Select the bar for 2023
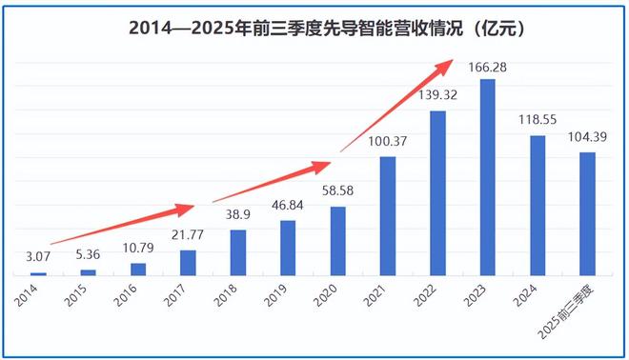[488, 177]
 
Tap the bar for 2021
[388, 216]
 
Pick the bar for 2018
[237, 252]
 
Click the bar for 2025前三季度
[588, 214]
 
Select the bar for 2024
[538, 206]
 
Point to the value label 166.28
[488, 68]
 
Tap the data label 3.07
[37, 257]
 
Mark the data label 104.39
[588, 138]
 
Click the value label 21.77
[188, 236]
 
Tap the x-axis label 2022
[428, 297]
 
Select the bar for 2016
[137, 270]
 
